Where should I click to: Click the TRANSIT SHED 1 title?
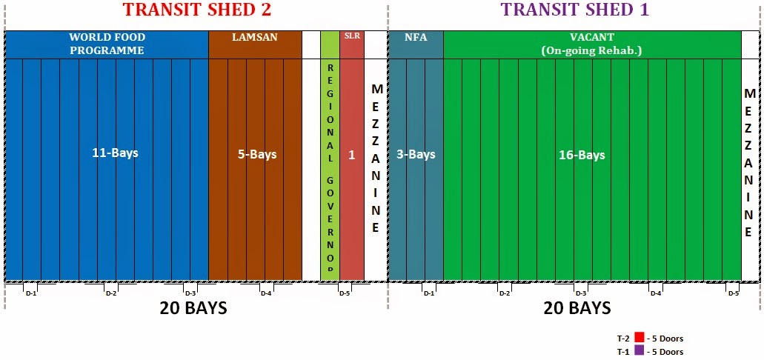575,10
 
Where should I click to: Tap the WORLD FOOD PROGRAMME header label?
107,44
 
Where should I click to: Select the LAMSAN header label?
254,37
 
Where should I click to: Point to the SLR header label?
352,36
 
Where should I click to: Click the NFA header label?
415,37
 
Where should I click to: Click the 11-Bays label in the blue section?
115,153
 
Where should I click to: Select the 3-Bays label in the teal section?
415,155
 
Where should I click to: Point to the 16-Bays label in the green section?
582,155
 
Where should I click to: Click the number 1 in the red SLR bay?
352,156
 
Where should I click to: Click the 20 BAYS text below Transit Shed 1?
577,308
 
